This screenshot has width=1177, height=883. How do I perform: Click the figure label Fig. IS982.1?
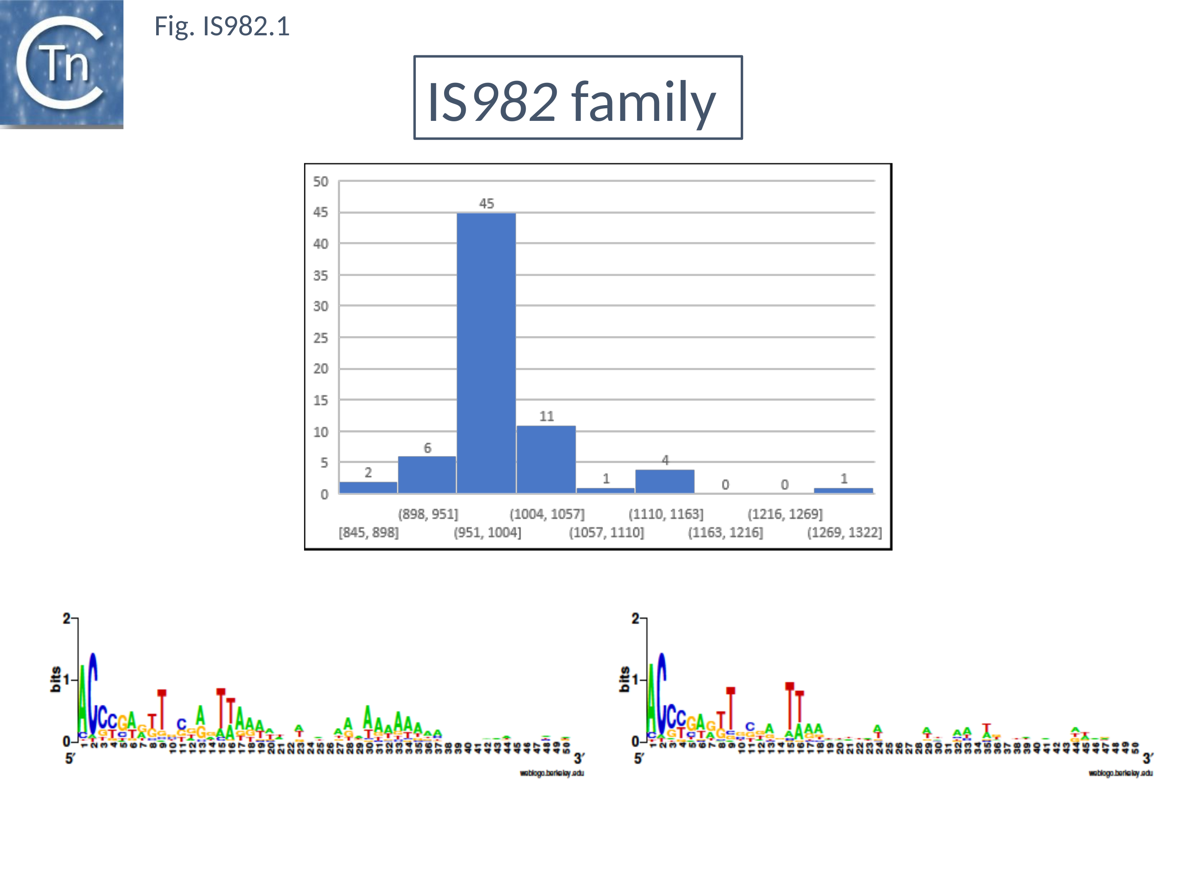222,27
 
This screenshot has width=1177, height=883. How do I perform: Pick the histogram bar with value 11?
546,459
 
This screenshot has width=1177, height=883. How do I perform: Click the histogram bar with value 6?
427,475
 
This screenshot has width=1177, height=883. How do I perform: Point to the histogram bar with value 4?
665,481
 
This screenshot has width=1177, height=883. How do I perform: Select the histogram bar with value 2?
368,487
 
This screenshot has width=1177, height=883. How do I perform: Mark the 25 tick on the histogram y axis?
320,338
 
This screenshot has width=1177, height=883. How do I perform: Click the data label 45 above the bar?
486,203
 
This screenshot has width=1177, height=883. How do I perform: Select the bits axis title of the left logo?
55,679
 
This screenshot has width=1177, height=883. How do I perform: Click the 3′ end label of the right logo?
1148,758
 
